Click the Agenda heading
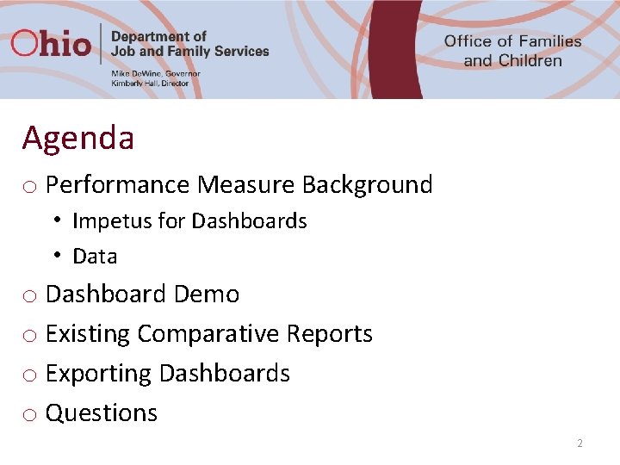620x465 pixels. coord(78,138)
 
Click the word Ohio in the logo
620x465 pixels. coord(51,43)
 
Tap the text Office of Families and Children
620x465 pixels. coord(512,51)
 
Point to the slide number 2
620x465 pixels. coord(580,443)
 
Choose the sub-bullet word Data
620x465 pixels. coord(95,257)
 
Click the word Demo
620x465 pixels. coord(207,294)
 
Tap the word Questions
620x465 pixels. coord(102,413)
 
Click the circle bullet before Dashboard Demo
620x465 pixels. coord(29,296)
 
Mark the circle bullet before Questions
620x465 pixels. coord(29,415)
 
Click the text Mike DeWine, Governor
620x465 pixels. coord(156,74)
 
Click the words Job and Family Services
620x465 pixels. coord(190,51)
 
